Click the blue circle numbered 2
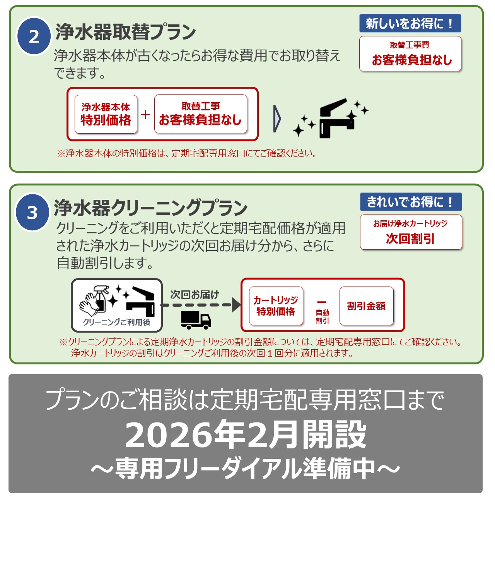tap(34, 36)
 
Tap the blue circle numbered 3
tap(32, 213)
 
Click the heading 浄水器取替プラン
tap(126, 32)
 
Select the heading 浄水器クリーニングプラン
tap(150, 208)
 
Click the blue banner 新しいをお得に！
tap(410, 23)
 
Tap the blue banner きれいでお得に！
tap(411, 202)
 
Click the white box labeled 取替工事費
tap(410, 54)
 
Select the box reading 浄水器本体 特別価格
tap(106, 114)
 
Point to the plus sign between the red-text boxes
tap(145, 114)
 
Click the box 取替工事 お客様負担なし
tap(201, 114)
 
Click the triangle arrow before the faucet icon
tap(277, 119)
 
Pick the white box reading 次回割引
tap(411, 232)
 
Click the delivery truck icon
tap(196, 320)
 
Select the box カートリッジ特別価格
tap(276, 306)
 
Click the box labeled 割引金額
tap(366, 306)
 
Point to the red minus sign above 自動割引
tap(322, 302)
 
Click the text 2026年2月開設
tap(246, 434)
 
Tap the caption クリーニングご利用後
tap(117, 322)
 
